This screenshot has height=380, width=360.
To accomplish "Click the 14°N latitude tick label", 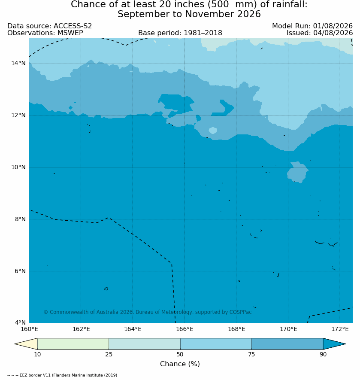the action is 18,64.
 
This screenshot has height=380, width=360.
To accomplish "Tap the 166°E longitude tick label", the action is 185,329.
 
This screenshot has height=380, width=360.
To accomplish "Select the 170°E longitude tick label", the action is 288,329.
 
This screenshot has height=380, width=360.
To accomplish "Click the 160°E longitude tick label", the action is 29,329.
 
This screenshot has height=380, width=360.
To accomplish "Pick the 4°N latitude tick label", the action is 20,322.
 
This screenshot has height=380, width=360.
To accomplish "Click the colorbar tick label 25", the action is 109,354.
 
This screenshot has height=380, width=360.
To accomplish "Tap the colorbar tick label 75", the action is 251,354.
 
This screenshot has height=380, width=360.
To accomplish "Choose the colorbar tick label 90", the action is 323,354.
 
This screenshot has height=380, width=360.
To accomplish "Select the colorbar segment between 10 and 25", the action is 73,344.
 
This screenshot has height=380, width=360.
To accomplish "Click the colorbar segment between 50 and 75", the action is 216,344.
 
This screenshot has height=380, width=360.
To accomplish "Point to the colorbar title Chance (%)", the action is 180,364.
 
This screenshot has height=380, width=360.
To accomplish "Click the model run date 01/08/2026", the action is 333,26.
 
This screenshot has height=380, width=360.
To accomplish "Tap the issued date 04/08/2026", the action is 333,33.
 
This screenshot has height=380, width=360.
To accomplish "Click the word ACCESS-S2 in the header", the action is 73,26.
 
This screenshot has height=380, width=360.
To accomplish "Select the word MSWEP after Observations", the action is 70,33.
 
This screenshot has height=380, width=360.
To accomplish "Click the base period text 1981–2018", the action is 203,33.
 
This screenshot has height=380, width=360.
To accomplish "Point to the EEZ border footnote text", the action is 62,375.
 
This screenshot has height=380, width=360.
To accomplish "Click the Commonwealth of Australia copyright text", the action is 148,312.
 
